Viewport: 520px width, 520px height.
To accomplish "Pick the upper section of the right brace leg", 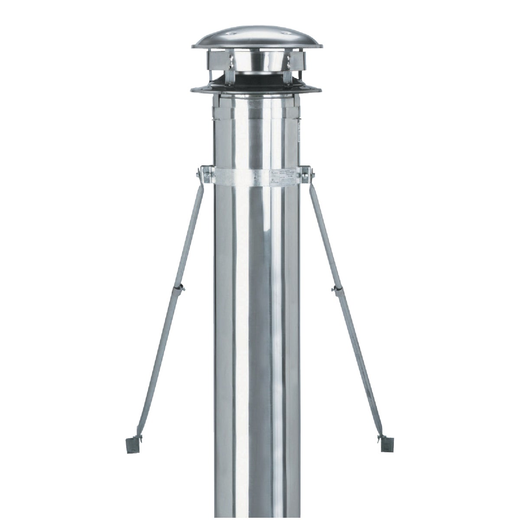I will click(x=323, y=230).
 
